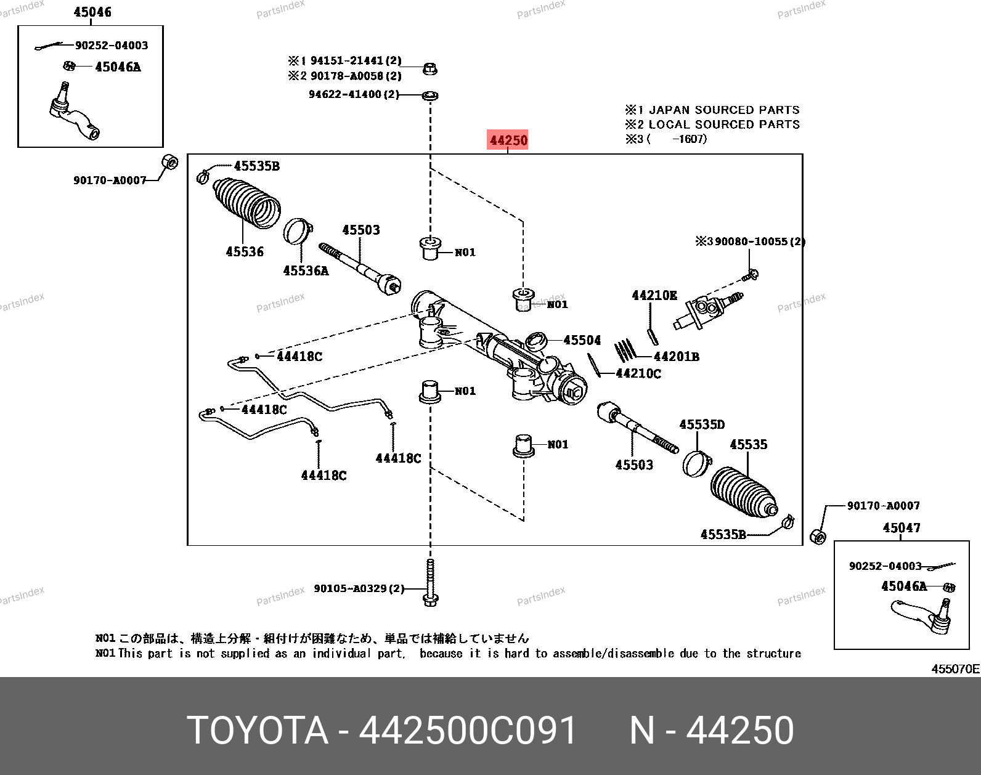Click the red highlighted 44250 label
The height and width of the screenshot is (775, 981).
(x=507, y=140)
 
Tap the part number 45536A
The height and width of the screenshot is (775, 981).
(x=306, y=271)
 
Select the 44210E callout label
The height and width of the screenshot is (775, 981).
(x=654, y=296)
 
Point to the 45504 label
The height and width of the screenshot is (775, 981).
(x=582, y=340)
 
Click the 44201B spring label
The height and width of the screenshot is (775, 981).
(x=677, y=357)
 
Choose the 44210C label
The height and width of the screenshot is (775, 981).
(x=638, y=373)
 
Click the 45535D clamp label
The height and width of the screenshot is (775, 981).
(x=702, y=424)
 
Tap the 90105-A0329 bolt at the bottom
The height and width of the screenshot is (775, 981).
(x=430, y=583)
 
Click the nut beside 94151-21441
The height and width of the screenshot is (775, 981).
(x=430, y=69)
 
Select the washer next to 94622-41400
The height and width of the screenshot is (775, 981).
(x=430, y=95)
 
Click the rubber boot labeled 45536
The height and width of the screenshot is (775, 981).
(x=246, y=203)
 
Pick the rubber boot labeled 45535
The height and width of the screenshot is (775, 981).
(x=744, y=492)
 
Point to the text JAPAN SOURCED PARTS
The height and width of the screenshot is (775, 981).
(x=724, y=110)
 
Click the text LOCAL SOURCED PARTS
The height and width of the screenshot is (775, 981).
(x=724, y=124)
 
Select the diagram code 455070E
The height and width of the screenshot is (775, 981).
(x=956, y=669)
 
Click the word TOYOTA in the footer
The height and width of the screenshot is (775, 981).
(x=258, y=730)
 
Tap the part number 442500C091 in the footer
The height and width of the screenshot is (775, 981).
(x=468, y=730)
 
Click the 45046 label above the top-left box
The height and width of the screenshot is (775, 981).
(x=92, y=12)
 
